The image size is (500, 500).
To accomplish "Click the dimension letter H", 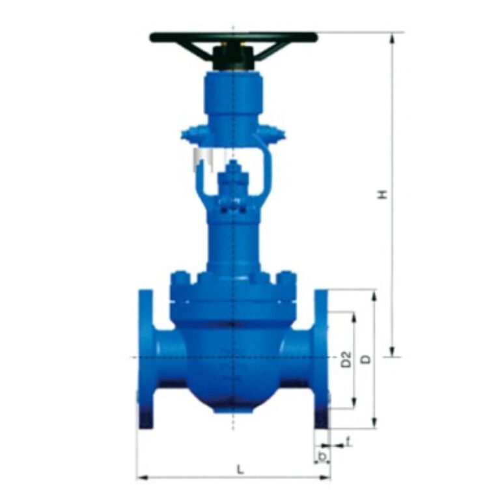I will (384, 194).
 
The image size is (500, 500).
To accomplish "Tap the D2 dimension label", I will (346, 359).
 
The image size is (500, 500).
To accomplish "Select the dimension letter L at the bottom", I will (240, 469).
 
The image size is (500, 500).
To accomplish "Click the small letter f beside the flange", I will (349, 442).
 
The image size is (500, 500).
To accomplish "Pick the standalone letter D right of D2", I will (366, 359).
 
